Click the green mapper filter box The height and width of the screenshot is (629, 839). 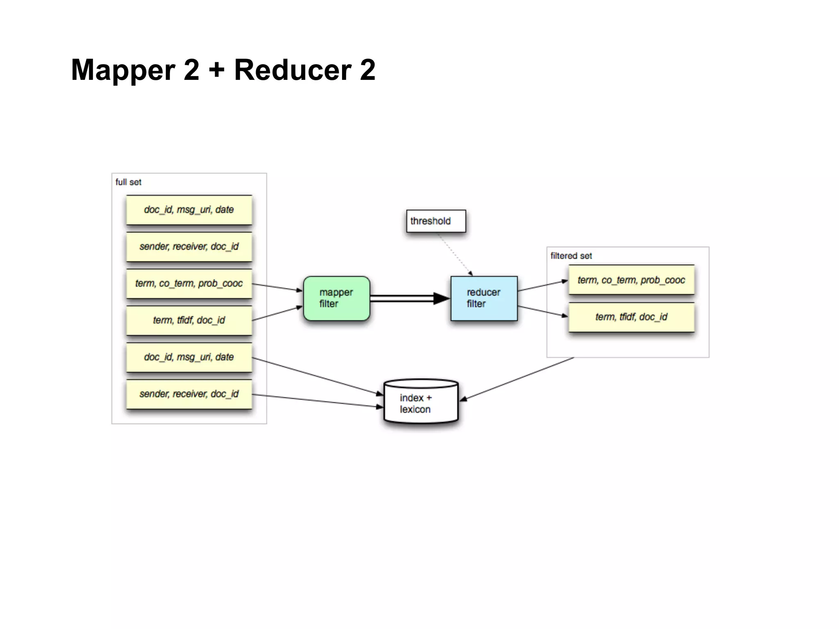pyautogui.click(x=336, y=298)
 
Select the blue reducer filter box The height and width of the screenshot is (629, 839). pyautogui.click(x=484, y=298)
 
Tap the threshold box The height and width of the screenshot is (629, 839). pyautogui.click(x=436, y=221)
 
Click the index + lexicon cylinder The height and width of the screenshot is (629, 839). pyautogui.click(x=421, y=403)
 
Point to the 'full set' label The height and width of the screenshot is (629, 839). pyautogui.click(x=128, y=182)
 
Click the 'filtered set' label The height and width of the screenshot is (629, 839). pyautogui.click(x=571, y=256)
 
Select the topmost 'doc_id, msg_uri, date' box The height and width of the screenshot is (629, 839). pyautogui.click(x=189, y=210)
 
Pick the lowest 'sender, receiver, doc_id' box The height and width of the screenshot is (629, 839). pyautogui.click(x=189, y=394)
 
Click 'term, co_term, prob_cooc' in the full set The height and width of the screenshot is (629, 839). pyautogui.click(x=189, y=283)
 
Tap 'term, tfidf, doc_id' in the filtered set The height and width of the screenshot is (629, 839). pyautogui.click(x=631, y=317)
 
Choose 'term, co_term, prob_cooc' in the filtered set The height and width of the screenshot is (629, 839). pyautogui.click(x=631, y=280)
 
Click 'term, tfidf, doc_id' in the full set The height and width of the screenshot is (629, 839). pyautogui.click(x=189, y=320)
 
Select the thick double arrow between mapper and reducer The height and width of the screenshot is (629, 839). pyautogui.click(x=406, y=298)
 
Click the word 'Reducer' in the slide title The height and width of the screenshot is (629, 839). pyautogui.click(x=293, y=70)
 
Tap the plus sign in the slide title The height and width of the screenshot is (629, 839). pyautogui.click(x=217, y=70)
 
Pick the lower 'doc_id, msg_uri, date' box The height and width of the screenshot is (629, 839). pyautogui.click(x=189, y=357)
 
